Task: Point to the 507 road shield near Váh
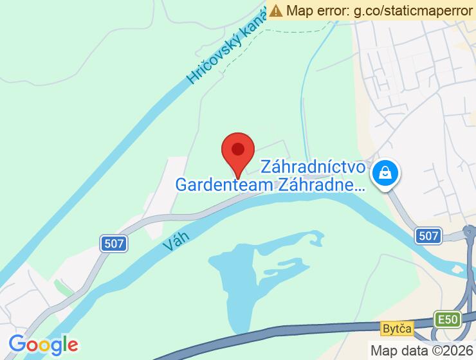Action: click(114, 244)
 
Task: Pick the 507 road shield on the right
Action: click(428, 235)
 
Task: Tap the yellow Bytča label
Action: click(395, 328)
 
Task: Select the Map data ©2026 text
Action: click(421, 350)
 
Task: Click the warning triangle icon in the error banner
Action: click(276, 10)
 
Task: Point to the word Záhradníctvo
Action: click(313, 168)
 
